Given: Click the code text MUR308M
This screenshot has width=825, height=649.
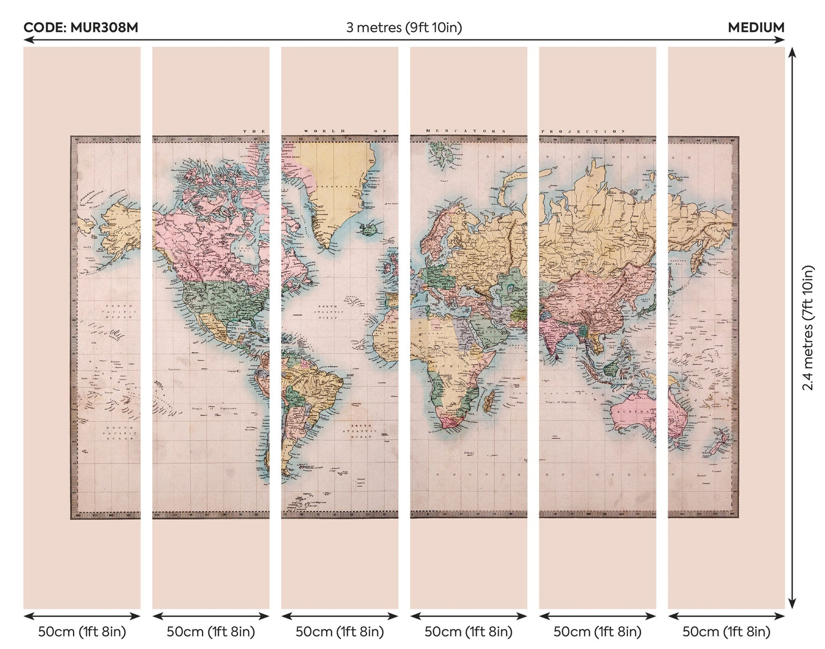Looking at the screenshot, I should (81, 27).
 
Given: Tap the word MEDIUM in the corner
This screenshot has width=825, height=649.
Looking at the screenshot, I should (756, 27).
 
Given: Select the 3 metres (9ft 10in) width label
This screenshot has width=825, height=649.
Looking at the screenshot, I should (404, 27).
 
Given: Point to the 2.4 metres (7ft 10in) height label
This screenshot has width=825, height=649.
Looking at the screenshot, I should (807, 328).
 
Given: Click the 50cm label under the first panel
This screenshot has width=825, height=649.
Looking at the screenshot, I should (82, 632).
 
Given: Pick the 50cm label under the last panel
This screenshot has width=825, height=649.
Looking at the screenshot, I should (726, 632).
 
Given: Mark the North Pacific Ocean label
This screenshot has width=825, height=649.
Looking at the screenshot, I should (118, 311).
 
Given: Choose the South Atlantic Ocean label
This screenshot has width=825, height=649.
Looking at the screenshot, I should (361, 431).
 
